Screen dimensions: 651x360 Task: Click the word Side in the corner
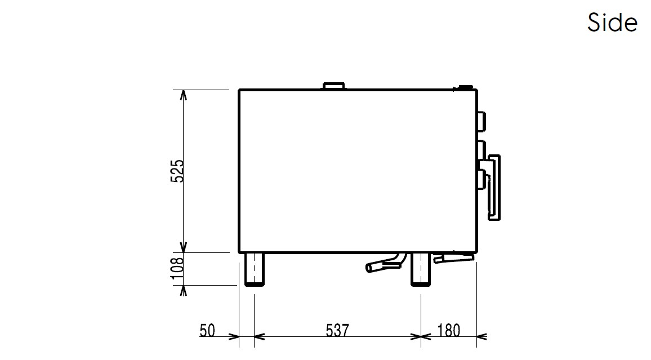coord(612,22)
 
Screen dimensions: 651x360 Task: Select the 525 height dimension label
coord(177,171)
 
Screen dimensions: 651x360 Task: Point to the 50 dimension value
coord(208,331)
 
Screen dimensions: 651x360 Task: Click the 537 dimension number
coord(337,331)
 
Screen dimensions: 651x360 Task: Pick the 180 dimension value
coord(449,331)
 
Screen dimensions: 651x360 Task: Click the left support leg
coord(254,269)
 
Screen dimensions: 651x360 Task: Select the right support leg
coord(421,269)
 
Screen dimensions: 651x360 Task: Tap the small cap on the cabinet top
coord(334,86)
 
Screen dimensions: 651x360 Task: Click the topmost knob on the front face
coord(481,121)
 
